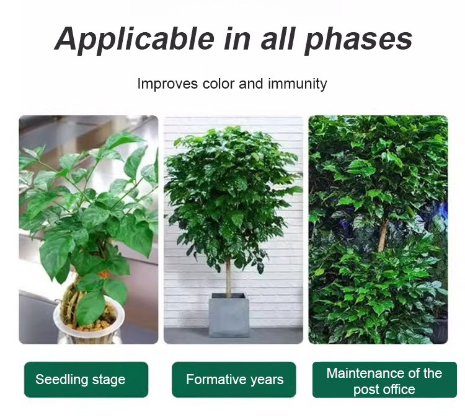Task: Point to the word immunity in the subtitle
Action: pyautogui.click(x=297, y=84)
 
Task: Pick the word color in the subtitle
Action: pyautogui.click(x=219, y=84)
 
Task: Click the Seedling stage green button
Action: pyautogui.click(x=86, y=380)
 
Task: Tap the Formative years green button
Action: pyautogui.click(x=234, y=380)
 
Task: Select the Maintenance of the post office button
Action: pyautogui.click(x=384, y=380)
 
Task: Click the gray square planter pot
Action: pyautogui.click(x=229, y=317)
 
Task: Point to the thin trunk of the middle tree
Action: pyautogui.click(x=228, y=276)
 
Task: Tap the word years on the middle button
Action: pyautogui.click(x=267, y=380)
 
